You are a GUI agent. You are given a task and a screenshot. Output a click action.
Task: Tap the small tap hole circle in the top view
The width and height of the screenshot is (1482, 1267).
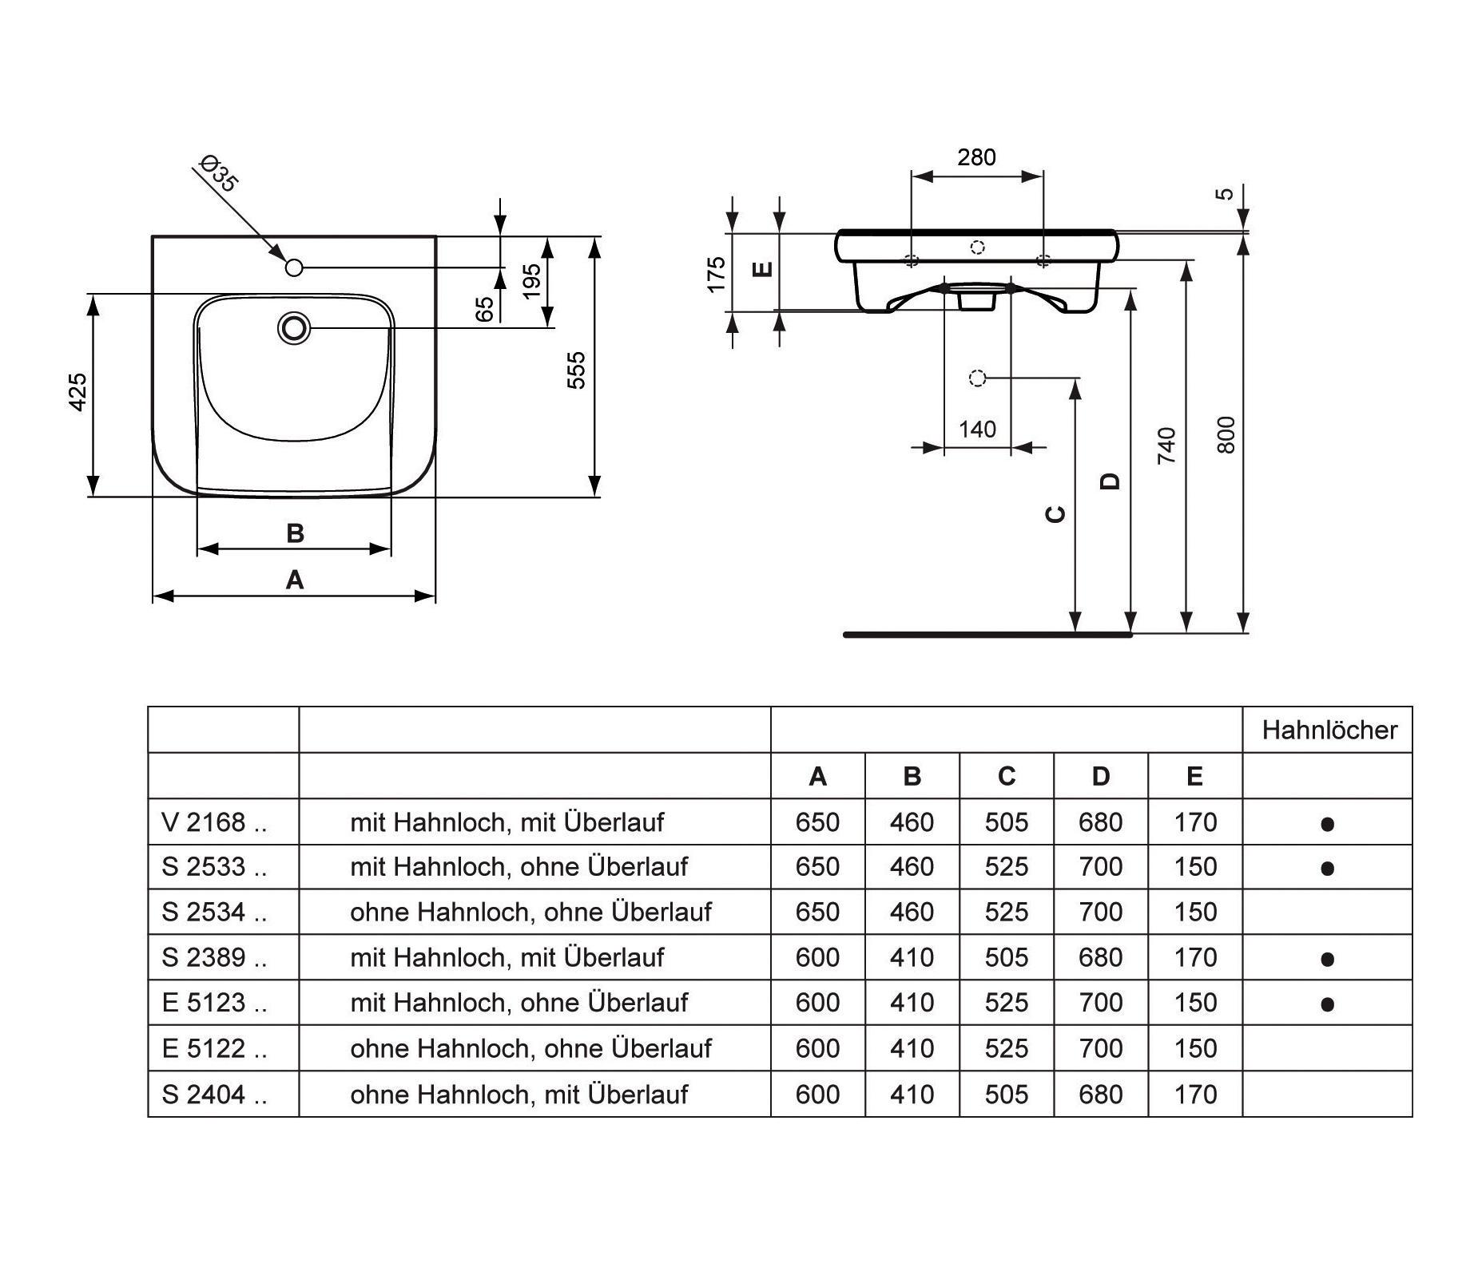(x=294, y=267)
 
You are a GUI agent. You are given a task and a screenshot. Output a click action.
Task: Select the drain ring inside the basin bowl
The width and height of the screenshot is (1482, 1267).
(x=294, y=328)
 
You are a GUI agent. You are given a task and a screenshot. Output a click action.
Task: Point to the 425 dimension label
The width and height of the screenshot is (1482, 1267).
(x=77, y=392)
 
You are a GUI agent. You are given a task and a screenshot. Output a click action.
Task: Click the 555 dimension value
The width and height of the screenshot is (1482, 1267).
(x=576, y=370)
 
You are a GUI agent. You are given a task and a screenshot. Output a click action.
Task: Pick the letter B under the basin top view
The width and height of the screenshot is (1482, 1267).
(x=295, y=533)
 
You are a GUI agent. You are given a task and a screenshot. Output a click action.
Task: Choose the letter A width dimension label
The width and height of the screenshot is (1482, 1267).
(x=295, y=580)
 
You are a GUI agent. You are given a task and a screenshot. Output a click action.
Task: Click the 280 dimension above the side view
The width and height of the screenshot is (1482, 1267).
(x=976, y=157)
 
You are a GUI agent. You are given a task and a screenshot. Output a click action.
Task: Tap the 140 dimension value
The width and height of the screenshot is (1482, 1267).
(x=977, y=430)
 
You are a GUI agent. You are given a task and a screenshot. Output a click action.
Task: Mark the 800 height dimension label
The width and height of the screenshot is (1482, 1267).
(x=1226, y=435)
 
